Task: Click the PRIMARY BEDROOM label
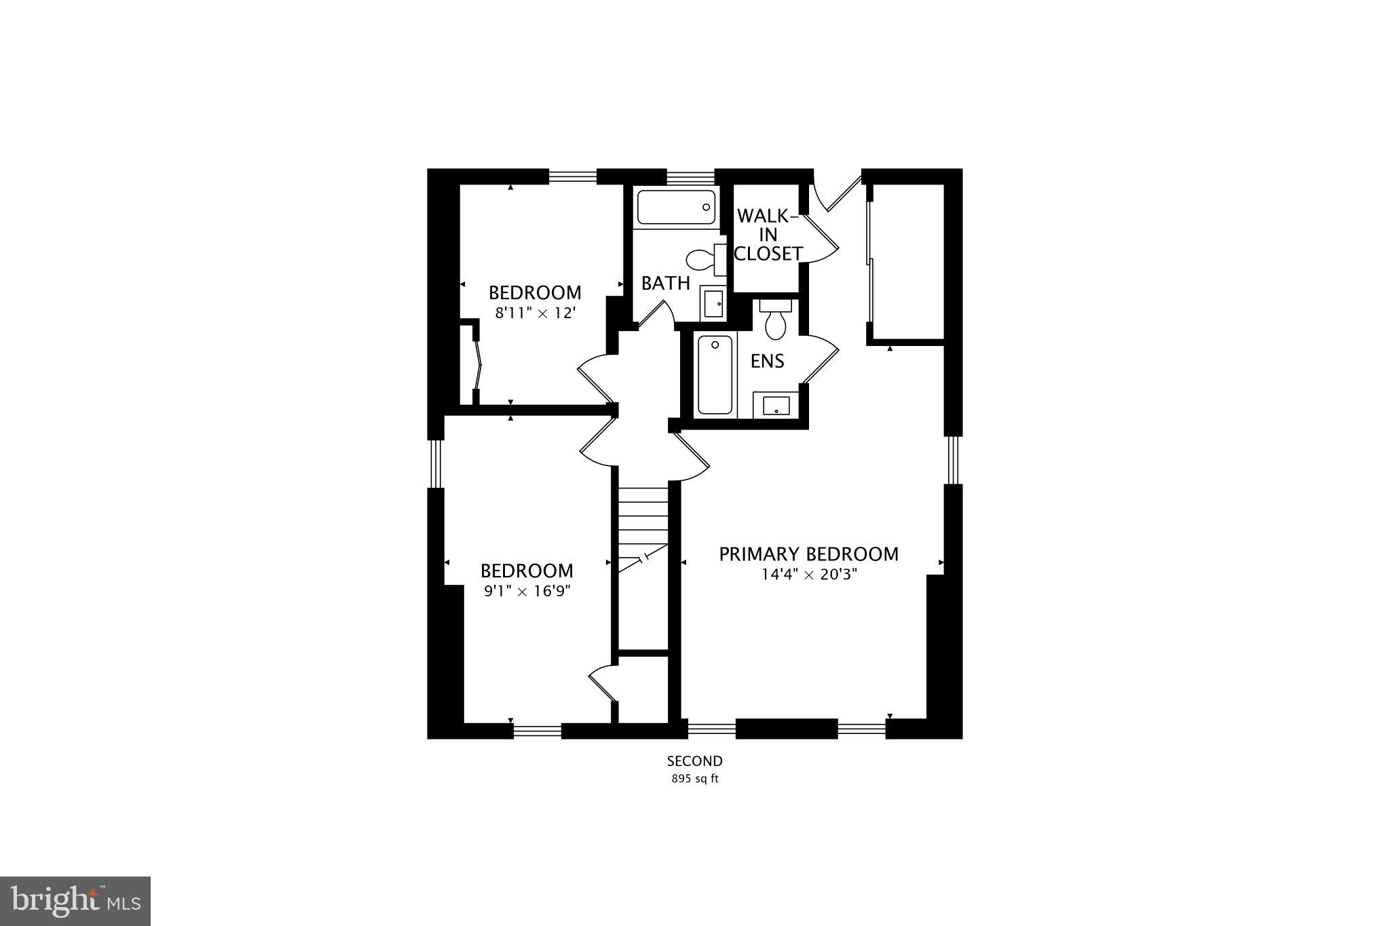(x=808, y=554)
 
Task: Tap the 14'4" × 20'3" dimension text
(x=809, y=575)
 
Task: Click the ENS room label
(x=767, y=362)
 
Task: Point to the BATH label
(x=665, y=284)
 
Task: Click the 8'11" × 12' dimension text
(x=535, y=313)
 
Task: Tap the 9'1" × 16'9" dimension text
(x=527, y=592)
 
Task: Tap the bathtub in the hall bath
(x=676, y=207)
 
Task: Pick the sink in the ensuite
(x=776, y=406)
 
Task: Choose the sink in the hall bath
(x=713, y=303)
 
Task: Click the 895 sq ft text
(x=694, y=779)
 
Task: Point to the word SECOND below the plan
(x=694, y=761)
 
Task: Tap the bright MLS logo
(x=75, y=901)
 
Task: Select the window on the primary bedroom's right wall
(x=954, y=460)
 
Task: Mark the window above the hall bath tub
(x=691, y=177)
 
